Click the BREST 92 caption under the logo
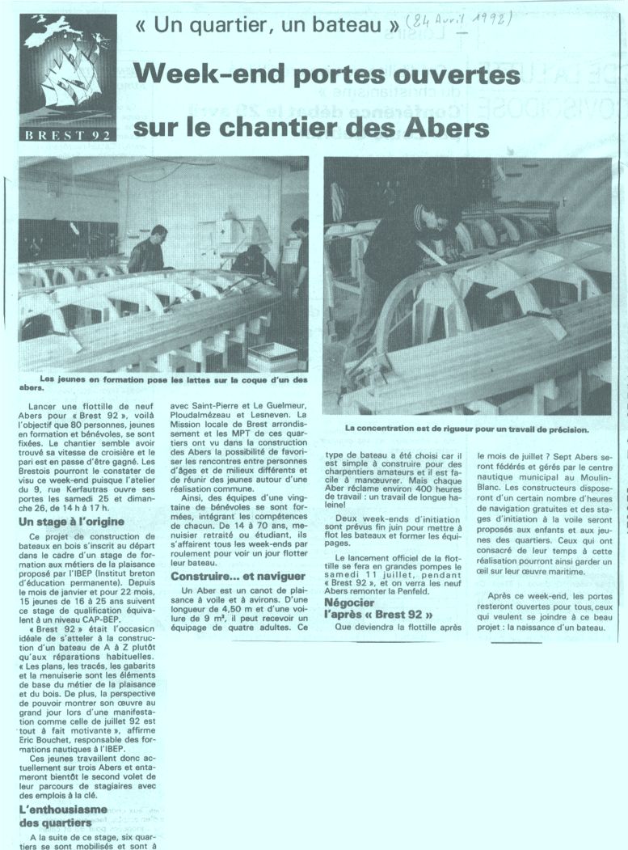pyautogui.click(x=68, y=134)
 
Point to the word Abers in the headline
pyautogui.click(x=451, y=128)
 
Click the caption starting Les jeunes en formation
pyautogui.click(x=162, y=380)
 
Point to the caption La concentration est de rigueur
pyautogui.click(x=467, y=428)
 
